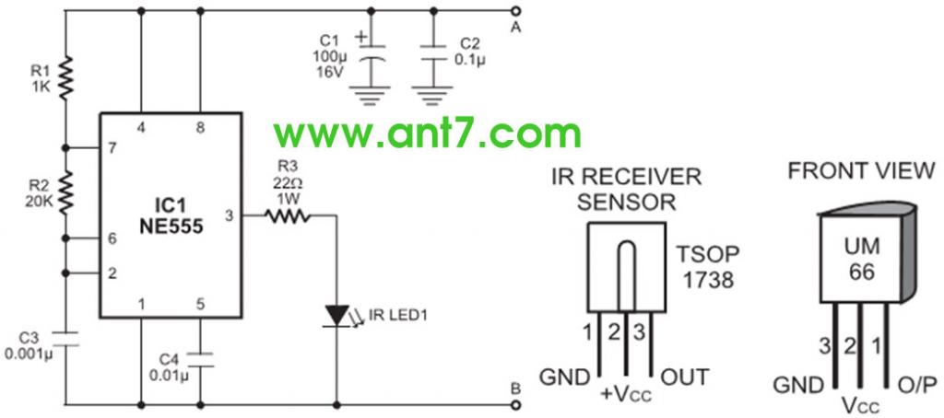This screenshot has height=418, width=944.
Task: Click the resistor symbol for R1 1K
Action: click(66, 78)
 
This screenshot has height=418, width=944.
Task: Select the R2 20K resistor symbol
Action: click(66, 191)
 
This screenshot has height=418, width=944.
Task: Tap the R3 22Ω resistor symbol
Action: click(289, 216)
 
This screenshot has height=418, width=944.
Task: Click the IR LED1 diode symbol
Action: click(336, 314)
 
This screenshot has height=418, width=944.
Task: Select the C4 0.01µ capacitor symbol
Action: click(200, 360)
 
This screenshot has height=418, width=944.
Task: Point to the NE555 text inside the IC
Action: click(170, 222)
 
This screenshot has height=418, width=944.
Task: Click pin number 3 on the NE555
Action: click(230, 216)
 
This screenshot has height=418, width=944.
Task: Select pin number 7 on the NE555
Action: click(112, 148)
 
